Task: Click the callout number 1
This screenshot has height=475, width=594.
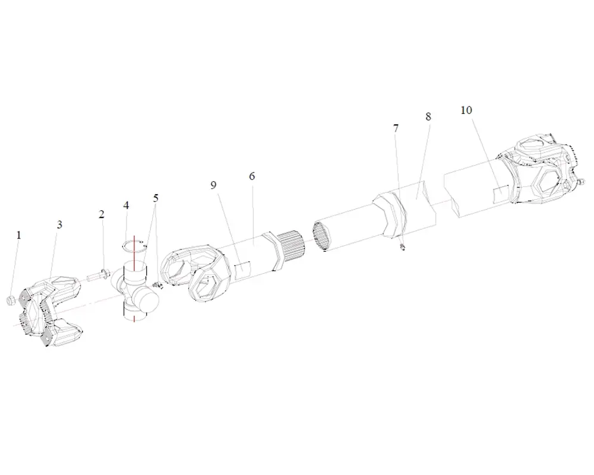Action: click(19, 235)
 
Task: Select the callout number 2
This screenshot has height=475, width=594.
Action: click(101, 214)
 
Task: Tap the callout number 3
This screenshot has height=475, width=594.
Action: click(59, 224)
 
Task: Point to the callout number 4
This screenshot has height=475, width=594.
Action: click(126, 205)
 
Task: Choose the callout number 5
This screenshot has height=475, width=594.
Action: click(156, 198)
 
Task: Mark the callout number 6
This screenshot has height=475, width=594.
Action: click(252, 176)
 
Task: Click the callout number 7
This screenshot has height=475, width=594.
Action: click(396, 128)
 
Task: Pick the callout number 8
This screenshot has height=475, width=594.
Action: click(428, 116)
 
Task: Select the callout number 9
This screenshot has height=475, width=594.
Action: click(213, 185)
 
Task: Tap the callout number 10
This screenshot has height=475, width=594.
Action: click(466, 110)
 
